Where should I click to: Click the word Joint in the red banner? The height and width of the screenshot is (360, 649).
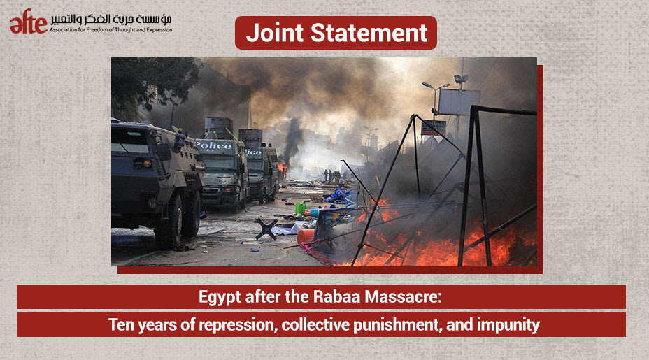[275, 33]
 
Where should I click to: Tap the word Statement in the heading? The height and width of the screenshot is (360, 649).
[369, 33]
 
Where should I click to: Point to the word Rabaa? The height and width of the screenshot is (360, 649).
[331, 296]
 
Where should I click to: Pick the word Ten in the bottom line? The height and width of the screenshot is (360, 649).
[121, 324]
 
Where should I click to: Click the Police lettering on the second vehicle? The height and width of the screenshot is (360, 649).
[213, 145]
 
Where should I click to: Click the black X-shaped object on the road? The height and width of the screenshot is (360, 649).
[266, 229]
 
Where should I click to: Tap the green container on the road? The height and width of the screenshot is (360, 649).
[301, 208]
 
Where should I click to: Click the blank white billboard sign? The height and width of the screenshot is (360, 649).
[459, 102]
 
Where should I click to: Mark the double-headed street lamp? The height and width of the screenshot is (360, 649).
[436, 99]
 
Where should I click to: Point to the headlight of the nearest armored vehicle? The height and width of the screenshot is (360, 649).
[142, 164]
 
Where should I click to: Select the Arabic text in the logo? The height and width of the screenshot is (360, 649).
[111, 19]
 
